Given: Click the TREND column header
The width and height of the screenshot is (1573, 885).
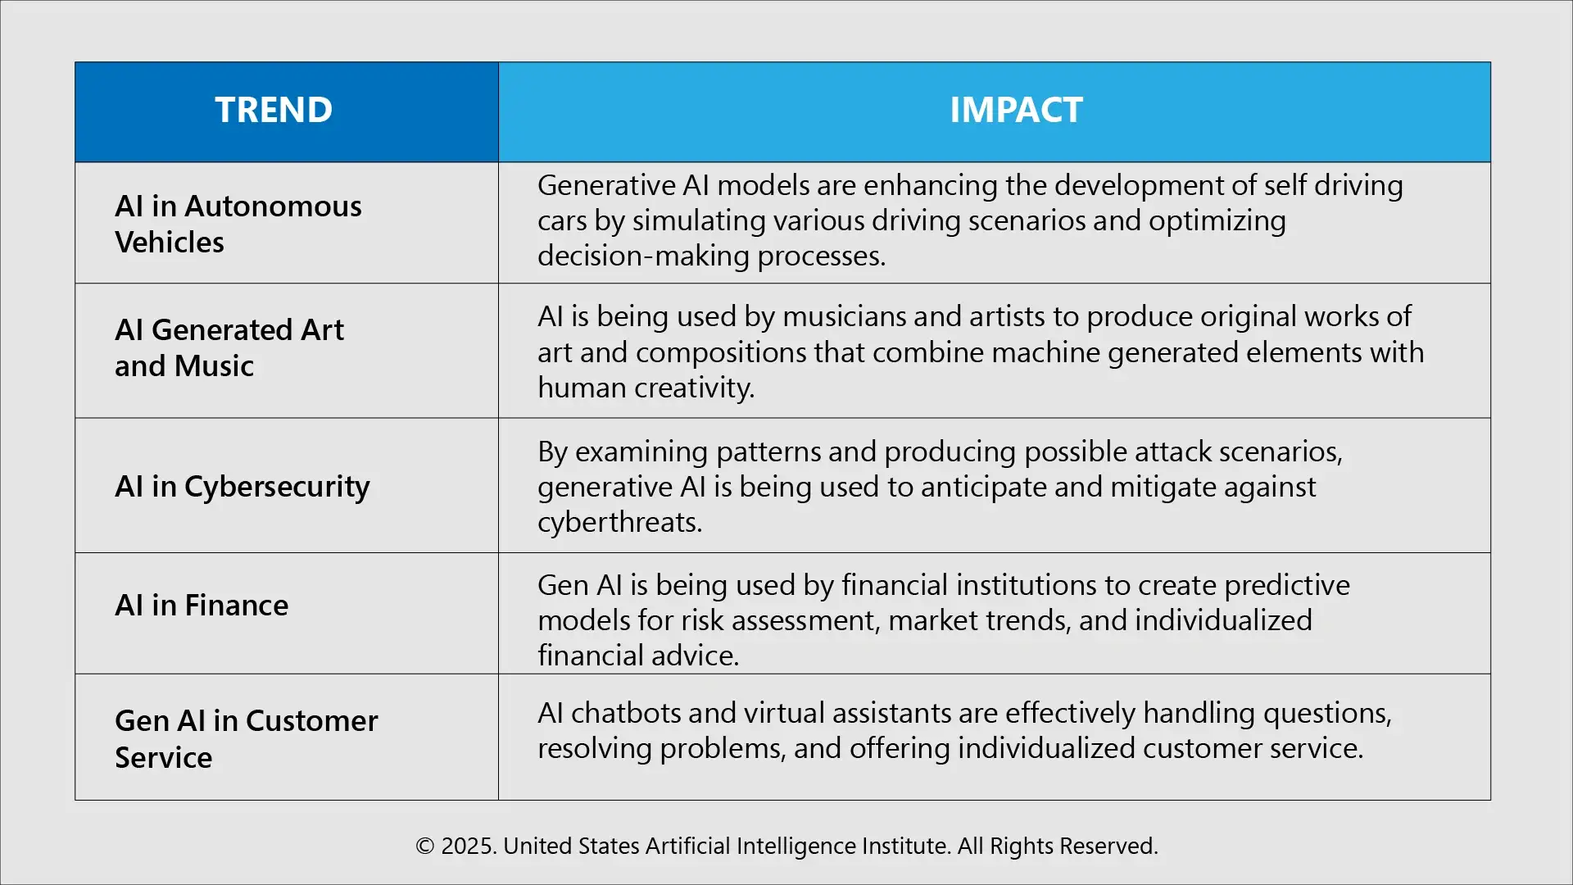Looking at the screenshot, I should pyautogui.click(x=274, y=110).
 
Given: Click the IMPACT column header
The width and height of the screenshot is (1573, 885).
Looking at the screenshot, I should pyautogui.click(x=1016, y=110).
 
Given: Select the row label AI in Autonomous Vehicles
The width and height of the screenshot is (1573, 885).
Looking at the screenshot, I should pyautogui.click(x=238, y=224).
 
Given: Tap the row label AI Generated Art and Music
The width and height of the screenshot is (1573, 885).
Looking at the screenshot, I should pyautogui.click(x=229, y=347).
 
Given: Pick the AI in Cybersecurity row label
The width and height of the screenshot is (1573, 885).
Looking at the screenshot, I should pyautogui.click(x=242, y=486).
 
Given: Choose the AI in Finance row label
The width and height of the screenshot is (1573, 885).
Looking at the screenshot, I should pyautogui.click(x=202, y=605).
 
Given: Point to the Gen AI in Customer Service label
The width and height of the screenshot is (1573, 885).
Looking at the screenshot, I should pyautogui.click(x=246, y=738).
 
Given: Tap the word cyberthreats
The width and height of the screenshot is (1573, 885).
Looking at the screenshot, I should pyautogui.click(x=619, y=522).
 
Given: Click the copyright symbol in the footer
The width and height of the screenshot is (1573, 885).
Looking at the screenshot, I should pyautogui.click(x=424, y=846).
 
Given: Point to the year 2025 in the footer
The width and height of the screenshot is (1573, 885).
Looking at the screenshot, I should pyautogui.click(x=468, y=846).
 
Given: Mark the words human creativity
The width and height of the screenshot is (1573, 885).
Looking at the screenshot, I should pyautogui.click(x=646, y=388).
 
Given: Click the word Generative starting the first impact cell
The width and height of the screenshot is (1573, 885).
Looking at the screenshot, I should pyautogui.click(x=606, y=185).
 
